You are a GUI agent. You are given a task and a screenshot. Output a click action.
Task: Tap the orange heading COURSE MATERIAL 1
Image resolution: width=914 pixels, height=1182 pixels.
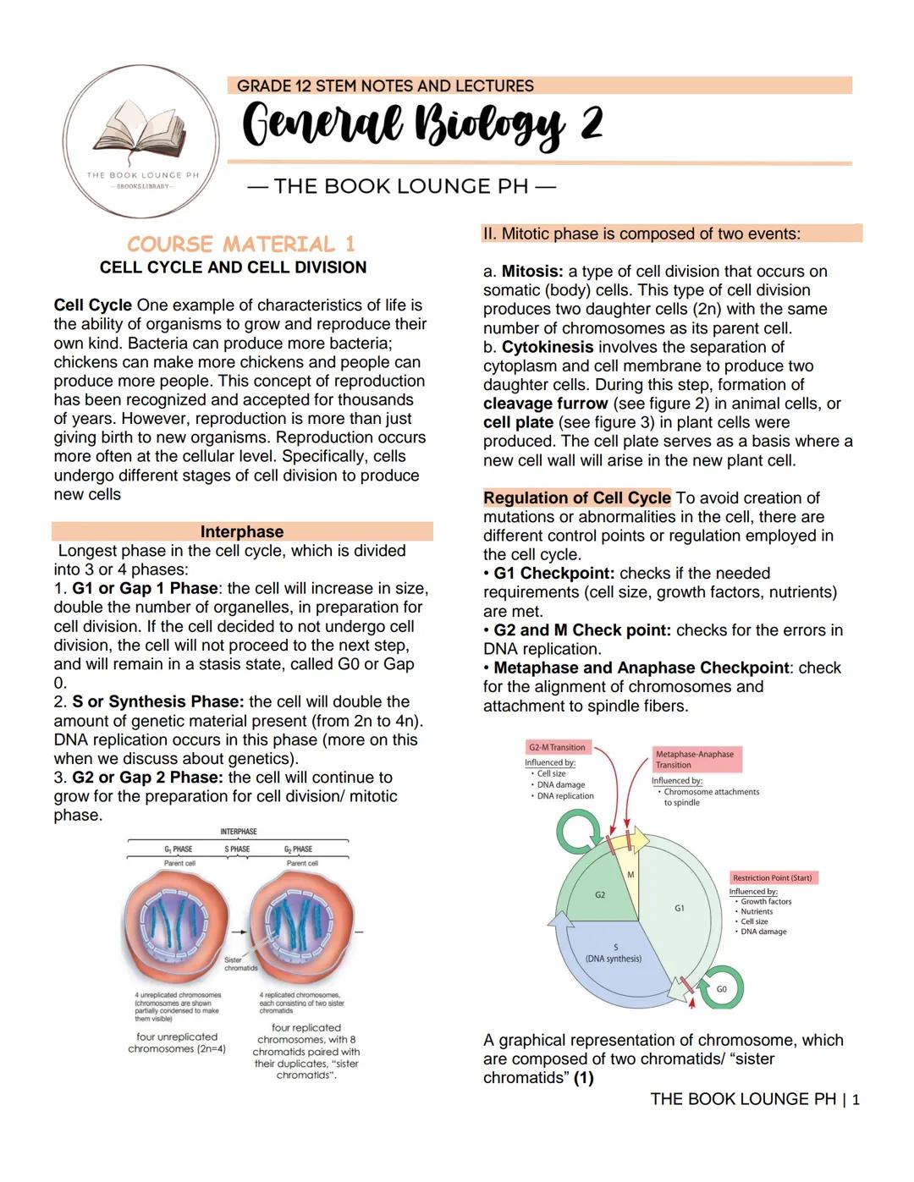click(241, 245)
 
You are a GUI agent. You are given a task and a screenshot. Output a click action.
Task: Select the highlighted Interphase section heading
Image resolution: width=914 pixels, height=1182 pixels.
click(242, 531)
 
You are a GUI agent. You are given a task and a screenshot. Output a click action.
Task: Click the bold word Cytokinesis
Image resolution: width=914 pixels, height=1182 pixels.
click(548, 347)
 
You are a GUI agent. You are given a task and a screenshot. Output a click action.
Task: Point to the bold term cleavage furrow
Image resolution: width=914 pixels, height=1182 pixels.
click(545, 404)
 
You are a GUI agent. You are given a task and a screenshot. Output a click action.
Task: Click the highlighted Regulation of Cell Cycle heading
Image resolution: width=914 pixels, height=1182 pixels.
click(576, 498)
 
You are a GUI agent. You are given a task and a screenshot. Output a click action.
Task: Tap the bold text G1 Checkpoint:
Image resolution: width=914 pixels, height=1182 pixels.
click(553, 574)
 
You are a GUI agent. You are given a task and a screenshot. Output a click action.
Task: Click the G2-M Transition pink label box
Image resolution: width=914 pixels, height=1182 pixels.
click(557, 747)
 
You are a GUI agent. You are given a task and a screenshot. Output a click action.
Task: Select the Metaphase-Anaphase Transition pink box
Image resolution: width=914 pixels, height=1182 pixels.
click(697, 759)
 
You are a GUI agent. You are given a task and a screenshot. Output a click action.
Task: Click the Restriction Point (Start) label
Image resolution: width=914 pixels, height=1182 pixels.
click(772, 877)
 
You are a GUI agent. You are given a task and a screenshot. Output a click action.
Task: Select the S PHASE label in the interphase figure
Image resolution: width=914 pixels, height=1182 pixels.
click(237, 849)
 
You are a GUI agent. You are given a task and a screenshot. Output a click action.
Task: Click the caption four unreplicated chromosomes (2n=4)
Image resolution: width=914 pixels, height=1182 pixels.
click(177, 1042)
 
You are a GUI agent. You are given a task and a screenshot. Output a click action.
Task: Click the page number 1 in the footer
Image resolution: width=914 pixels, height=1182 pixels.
click(856, 1100)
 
